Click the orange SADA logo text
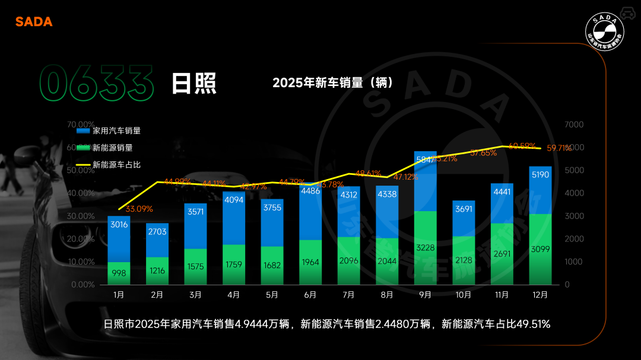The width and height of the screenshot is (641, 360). click(x=34, y=22)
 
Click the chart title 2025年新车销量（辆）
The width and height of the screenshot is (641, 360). click(x=333, y=82)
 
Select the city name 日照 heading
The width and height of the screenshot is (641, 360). click(x=193, y=84)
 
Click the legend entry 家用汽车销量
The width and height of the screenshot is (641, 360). click(x=117, y=130)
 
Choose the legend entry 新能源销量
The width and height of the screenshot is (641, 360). click(x=113, y=148)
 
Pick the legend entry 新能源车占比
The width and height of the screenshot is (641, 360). click(x=117, y=164)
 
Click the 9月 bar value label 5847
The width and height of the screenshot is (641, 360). click(x=424, y=160)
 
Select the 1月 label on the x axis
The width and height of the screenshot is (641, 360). click(x=119, y=294)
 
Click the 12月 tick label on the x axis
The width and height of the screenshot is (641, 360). click(x=540, y=294)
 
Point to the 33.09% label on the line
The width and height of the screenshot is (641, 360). click(x=139, y=209)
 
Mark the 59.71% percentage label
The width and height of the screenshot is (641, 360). click(x=559, y=148)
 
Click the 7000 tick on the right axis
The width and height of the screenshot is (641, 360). click(x=574, y=125)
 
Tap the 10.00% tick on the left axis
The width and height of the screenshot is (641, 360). click(x=82, y=262)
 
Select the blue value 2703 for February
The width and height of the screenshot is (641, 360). click(x=157, y=231)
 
